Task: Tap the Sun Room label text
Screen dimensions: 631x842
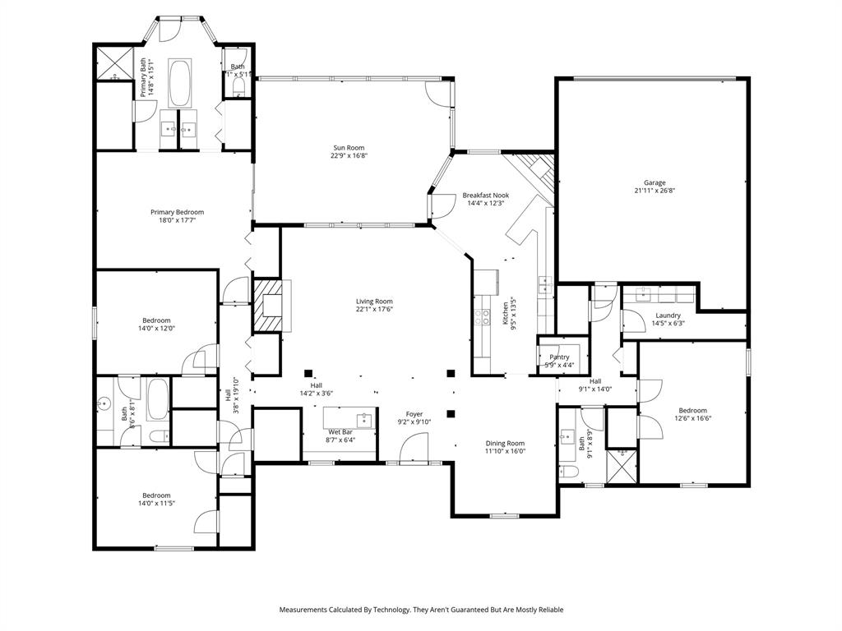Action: [348, 148]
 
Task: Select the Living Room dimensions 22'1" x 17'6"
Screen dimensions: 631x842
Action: [374, 310]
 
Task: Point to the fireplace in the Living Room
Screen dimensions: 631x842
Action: [267, 306]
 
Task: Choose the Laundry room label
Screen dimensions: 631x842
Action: [667, 315]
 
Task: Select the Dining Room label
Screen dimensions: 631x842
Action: [504, 443]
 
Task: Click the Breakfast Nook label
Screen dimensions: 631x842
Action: [485, 196]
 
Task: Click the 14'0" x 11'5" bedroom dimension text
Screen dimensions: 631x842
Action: [156, 504]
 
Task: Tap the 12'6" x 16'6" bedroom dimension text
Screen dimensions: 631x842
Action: [692, 418]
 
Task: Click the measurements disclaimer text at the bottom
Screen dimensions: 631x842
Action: [421, 610]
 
